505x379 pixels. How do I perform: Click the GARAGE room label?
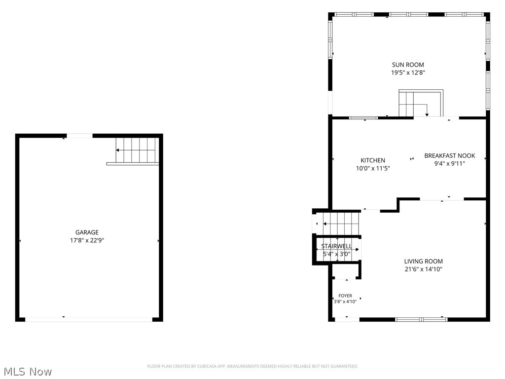click(87, 232)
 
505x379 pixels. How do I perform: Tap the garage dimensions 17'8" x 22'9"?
click(87, 240)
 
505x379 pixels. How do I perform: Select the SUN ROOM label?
click(408, 65)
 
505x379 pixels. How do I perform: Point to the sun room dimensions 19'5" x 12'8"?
click(408, 73)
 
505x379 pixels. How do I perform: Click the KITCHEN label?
click(373, 160)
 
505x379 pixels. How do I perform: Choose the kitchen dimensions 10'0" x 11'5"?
click(373, 168)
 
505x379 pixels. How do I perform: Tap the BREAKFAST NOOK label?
click(450, 155)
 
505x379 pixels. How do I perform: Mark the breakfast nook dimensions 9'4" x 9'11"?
click(450, 164)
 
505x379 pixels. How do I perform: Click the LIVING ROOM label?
click(424, 262)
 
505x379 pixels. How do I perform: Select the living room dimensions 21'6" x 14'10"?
click(424, 269)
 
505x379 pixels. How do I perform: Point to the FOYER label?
click(345, 296)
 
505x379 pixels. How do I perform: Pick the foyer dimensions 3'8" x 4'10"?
click(345, 302)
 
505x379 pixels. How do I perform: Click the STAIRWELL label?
click(336, 246)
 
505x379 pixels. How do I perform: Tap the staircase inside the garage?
click(137, 150)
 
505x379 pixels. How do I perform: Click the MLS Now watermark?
click(28, 372)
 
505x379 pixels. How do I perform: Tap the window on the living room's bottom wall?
click(421, 319)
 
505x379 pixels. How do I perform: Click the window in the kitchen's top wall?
click(363, 118)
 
